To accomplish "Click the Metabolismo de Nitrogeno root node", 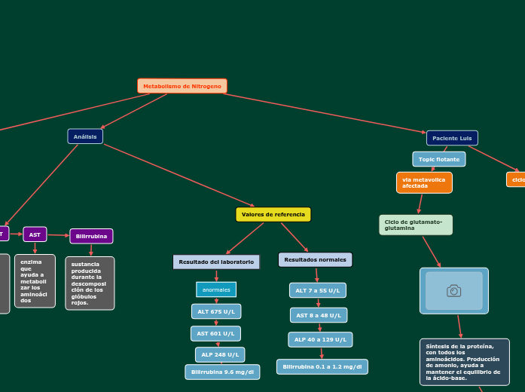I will tap(182, 86).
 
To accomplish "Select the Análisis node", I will tap(85, 136).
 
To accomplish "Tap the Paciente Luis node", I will tap(452, 138).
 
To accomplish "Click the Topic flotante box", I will tap(438, 159).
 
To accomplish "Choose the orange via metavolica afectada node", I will tap(424, 182).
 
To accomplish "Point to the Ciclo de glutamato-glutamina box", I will tap(415, 225).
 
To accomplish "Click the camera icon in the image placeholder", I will tap(453, 290).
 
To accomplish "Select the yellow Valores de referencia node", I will tap(273, 215).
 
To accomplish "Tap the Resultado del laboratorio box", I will tap(216, 262).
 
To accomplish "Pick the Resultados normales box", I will tap(315, 259).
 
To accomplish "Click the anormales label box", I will tap(216, 289).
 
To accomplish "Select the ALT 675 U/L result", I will tap(216, 311).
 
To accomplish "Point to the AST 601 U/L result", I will tap(215, 333).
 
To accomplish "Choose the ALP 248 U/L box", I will tap(219, 354).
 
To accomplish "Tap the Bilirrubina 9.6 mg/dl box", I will tap(222, 372).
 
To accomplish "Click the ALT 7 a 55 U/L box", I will tap(317, 290).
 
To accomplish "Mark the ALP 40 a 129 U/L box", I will tap(320, 339).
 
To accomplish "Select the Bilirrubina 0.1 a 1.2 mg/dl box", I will tap(322, 367).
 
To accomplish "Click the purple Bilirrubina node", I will tap(91, 236).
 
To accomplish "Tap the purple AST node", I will tap(35, 234).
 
